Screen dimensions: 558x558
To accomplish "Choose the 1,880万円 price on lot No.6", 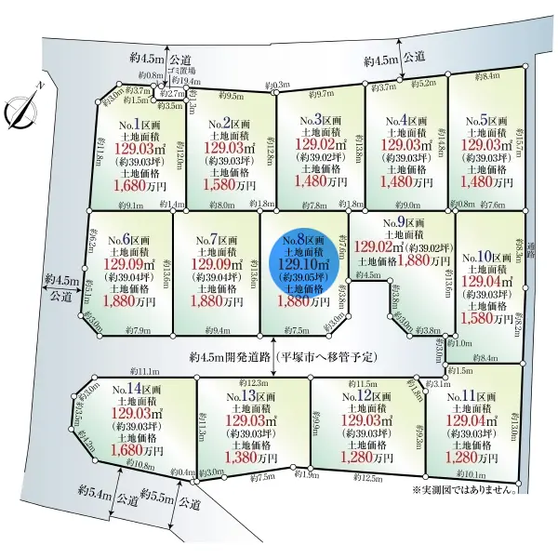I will click(x=128, y=301).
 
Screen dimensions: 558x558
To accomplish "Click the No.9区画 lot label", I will click(x=403, y=223).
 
